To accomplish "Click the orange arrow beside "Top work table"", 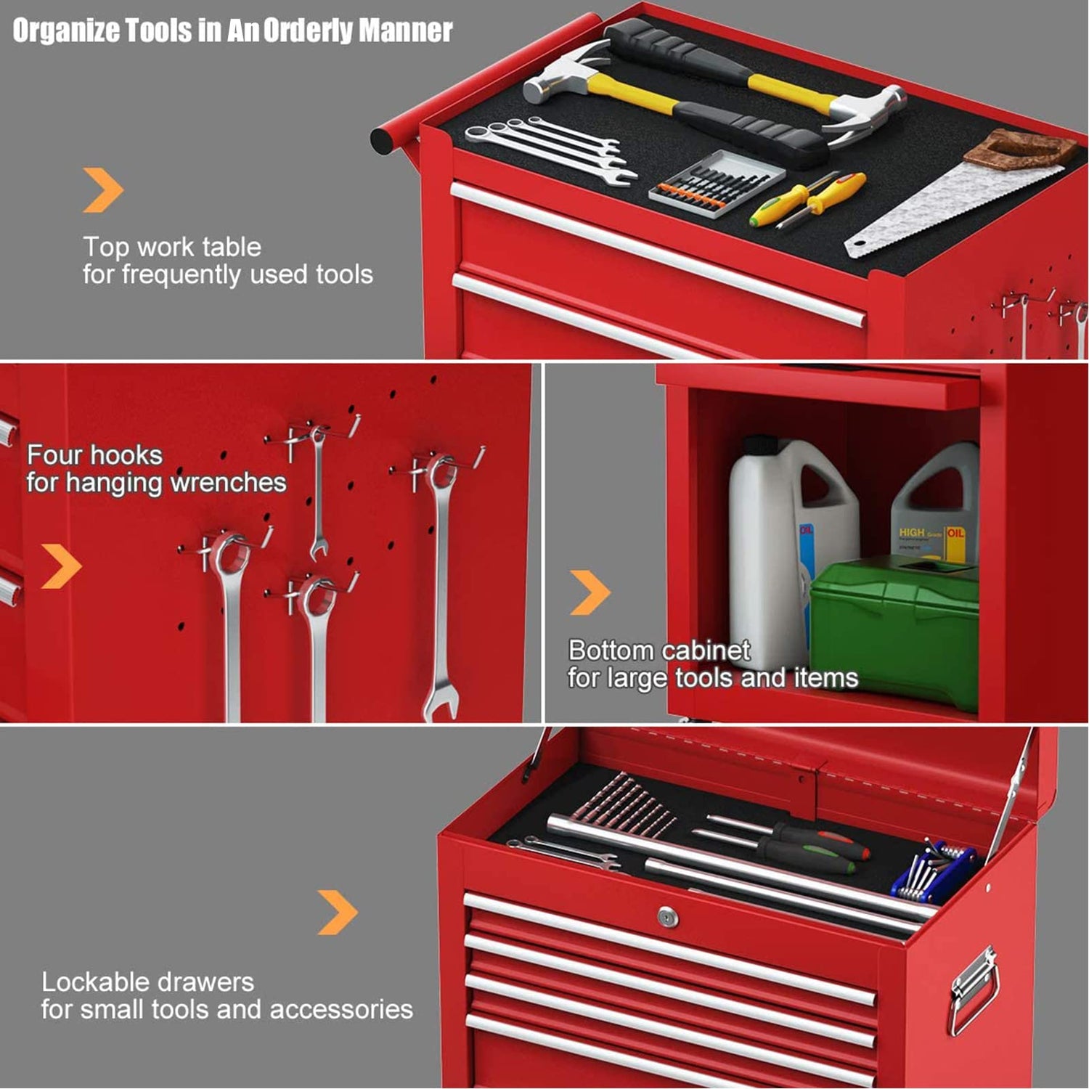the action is (103, 190).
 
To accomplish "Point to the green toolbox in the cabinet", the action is (894, 630).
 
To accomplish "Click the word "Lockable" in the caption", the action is (92, 982).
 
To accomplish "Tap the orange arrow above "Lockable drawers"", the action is (338, 913).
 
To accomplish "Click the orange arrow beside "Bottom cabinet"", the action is (590, 592).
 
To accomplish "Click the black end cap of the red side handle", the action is (383, 140).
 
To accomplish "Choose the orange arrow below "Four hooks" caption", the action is (62, 566).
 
